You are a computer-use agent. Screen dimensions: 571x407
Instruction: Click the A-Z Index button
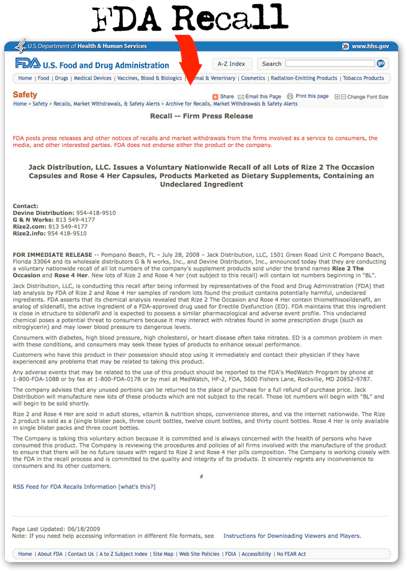[x=231, y=64]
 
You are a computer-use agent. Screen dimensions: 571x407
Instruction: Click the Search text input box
[x=330, y=64]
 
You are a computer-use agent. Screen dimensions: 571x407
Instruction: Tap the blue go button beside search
[x=380, y=64]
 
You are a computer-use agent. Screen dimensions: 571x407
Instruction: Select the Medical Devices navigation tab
[x=93, y=78]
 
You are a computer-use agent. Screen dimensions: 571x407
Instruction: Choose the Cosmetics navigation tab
[x=253, y=78]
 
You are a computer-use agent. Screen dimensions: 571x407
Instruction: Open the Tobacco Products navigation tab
[x=363, y=78]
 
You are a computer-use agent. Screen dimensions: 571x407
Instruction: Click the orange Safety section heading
[x=25, y=94]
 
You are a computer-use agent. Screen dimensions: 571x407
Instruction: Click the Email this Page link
[x=263, y=96]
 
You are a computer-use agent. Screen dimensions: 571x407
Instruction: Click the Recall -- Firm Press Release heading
[x=201, y=116]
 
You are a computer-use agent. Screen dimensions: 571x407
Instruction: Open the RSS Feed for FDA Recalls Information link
[x=64, y=487]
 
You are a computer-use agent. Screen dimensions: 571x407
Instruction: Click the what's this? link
[x=137, y=487]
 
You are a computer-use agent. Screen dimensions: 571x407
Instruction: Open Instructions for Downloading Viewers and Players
[x=292, y=536]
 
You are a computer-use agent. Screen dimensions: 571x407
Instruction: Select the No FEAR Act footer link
[x=291, y=554]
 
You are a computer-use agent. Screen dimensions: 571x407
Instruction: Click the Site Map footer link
[x=163, y=554]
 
